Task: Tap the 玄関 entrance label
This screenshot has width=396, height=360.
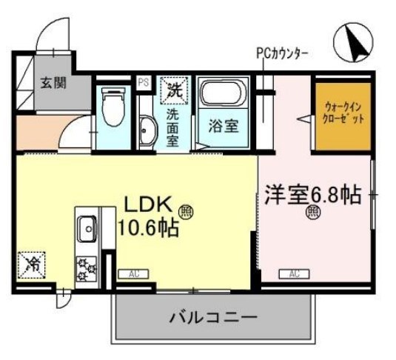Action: (52, 82)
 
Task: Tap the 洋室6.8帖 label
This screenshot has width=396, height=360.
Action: (312, 196)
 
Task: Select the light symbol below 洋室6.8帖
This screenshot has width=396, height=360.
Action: (313, 215)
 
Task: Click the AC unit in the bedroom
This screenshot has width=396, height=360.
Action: (294, 275)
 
